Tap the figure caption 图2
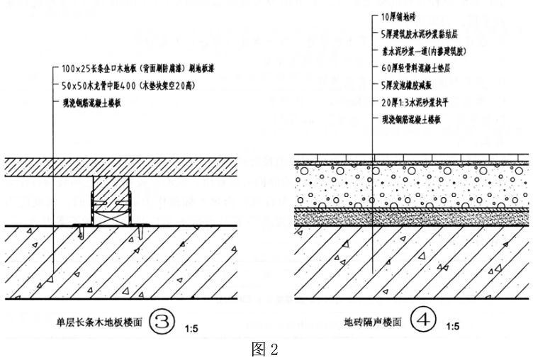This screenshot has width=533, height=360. tap(265, 349)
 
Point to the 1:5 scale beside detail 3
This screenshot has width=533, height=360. tap(191, 328)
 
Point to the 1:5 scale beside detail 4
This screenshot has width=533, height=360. tap(452, 327)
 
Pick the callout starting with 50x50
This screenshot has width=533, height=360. tap(128, 85)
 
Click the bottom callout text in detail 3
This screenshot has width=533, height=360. tap(93, 102)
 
